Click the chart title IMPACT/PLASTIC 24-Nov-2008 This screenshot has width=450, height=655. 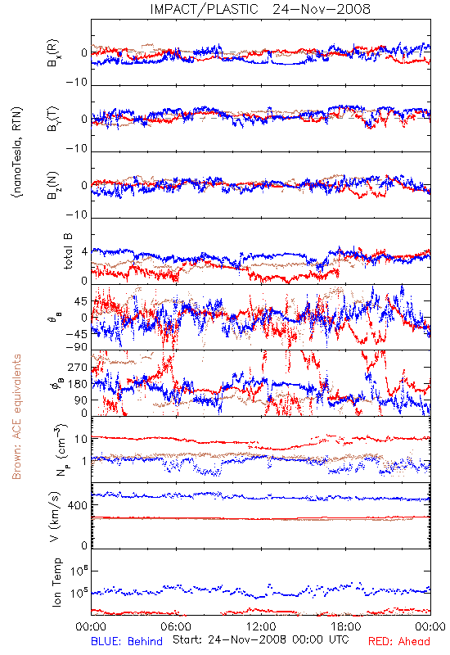pos(260,9)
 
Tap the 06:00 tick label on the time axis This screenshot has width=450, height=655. pos(176,626)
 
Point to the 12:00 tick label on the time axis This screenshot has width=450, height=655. pos(261,626)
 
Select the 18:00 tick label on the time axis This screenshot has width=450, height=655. pos(346,626)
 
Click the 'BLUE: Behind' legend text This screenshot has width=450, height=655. pos(127,641)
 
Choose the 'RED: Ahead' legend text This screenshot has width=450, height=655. pos(399,641)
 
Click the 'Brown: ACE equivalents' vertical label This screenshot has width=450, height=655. pos(16,417)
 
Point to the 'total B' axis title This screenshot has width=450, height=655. pos(68,251)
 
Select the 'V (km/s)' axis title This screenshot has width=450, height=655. pos(56,517)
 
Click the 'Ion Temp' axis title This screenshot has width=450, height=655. pos(56,582)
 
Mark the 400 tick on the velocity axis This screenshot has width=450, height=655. pos(78,505)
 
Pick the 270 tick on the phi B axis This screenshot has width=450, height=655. pos(78,368)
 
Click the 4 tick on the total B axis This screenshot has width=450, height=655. pos(85,252)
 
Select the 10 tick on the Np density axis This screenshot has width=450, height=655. pos(81,439)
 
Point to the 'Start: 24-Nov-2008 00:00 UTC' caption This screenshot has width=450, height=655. pos(261,639)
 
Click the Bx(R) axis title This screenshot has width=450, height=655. pos(53,53)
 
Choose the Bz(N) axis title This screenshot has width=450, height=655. pos(53,185)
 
